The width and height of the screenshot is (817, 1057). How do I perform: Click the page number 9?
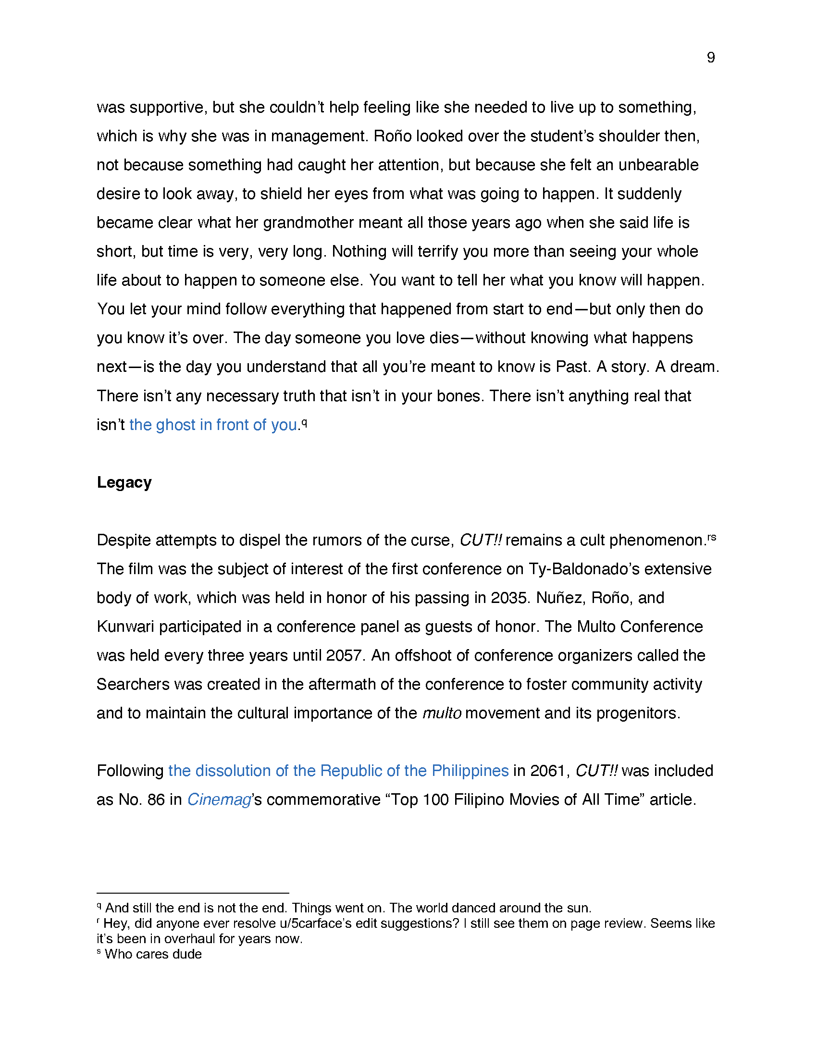(x=710, y=58)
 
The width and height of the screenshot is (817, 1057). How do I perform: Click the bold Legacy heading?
(x=124, y=482)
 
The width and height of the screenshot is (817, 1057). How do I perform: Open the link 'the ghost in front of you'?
(x=213, y=425)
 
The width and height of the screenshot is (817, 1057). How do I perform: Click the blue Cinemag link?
(x=219, y=799)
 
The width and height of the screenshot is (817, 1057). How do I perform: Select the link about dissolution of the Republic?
(x=338, y=771)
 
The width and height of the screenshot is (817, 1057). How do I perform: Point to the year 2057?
(x=344, y=655)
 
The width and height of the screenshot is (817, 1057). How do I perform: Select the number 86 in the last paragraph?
(x=156, y=799)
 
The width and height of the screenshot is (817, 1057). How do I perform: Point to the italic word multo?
(x=441, y=713)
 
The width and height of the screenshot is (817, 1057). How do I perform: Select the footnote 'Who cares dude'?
(x=153, y=954)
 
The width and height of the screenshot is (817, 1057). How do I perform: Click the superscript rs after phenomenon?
(x=711, y=537)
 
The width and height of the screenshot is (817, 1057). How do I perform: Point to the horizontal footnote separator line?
(x=193, y=893)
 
